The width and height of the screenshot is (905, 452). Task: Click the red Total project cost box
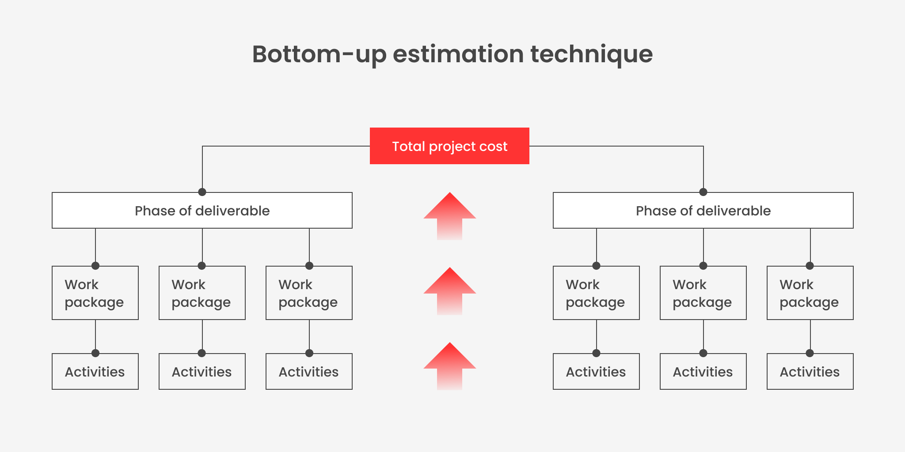click(449, 146)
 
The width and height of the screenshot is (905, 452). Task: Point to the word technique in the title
click(591, 54)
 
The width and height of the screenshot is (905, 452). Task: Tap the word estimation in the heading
click(458, 54)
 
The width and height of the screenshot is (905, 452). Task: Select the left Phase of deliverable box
click(202, 211)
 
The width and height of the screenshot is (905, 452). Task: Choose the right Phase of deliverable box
click(703, 211)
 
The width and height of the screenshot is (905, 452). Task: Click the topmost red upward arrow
click(449, 216)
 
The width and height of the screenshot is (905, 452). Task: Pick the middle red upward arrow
click(449, 291)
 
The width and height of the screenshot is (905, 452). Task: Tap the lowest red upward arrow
click(449, 366)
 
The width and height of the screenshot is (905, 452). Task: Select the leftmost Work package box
click(95, 293)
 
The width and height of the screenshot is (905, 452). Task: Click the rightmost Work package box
click(810, 293)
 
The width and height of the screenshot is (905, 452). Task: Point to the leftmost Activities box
click(95, 372)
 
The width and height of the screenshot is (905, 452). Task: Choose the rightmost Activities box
click(810, 372)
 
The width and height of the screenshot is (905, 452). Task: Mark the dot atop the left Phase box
click(202, 192)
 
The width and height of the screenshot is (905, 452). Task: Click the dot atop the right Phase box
click(703, 192)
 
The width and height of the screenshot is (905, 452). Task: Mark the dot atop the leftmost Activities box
click(95, 353)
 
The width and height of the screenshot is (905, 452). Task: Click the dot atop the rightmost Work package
click(810, 266)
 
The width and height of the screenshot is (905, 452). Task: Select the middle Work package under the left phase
click(202, 293)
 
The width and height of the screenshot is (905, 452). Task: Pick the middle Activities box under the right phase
click(703, 372)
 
